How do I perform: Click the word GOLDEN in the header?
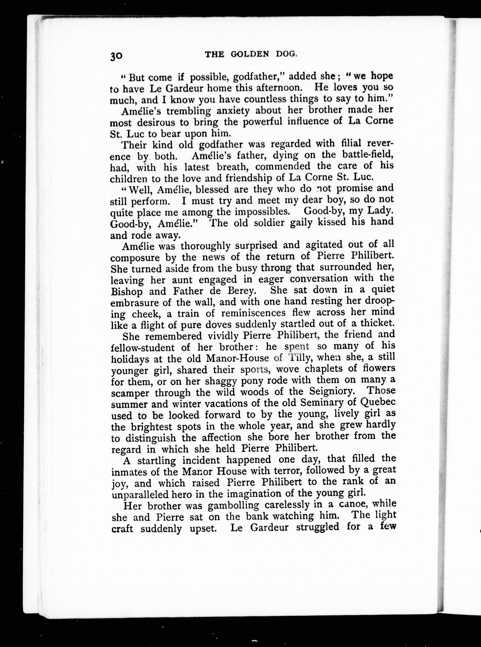[249, 54]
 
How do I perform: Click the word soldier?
[273, 223]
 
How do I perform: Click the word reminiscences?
[253, 313]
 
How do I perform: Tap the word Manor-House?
[237, 358]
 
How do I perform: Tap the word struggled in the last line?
[317, 527]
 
